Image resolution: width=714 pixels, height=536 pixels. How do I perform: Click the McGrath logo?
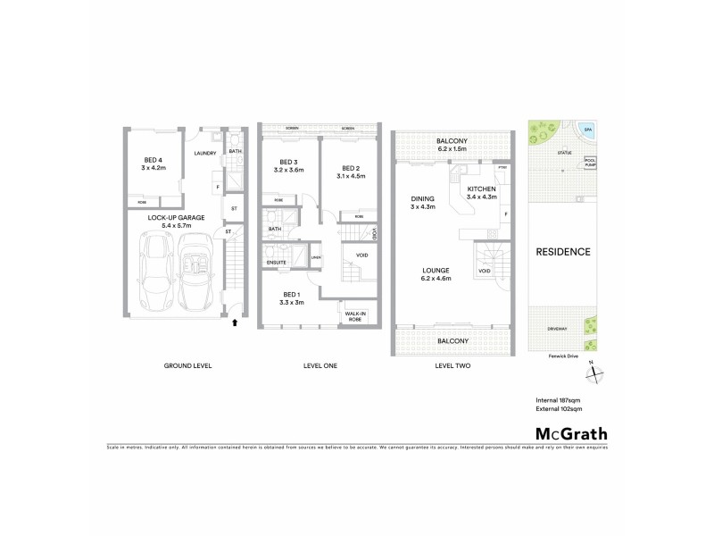click(x=561, y=434)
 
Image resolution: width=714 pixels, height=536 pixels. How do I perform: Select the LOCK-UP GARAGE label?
click(x=177, y=217)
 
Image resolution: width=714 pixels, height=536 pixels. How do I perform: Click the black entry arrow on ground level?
click(x=235, y=322)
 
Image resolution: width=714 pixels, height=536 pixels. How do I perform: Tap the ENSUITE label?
click(x=276, y=262)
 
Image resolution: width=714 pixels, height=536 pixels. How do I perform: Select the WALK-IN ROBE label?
click(x=353, y=315)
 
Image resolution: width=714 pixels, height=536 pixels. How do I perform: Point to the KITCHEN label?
click(x=481, y=192)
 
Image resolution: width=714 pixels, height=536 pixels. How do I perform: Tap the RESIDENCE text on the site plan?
click(x=562, y=252)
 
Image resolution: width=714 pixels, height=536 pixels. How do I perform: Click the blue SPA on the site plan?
click(x=587, y=130)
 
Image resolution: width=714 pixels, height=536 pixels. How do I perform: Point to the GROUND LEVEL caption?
click(x=187, y=366)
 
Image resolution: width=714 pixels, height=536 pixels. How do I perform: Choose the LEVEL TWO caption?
click(x=452, y=366)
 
